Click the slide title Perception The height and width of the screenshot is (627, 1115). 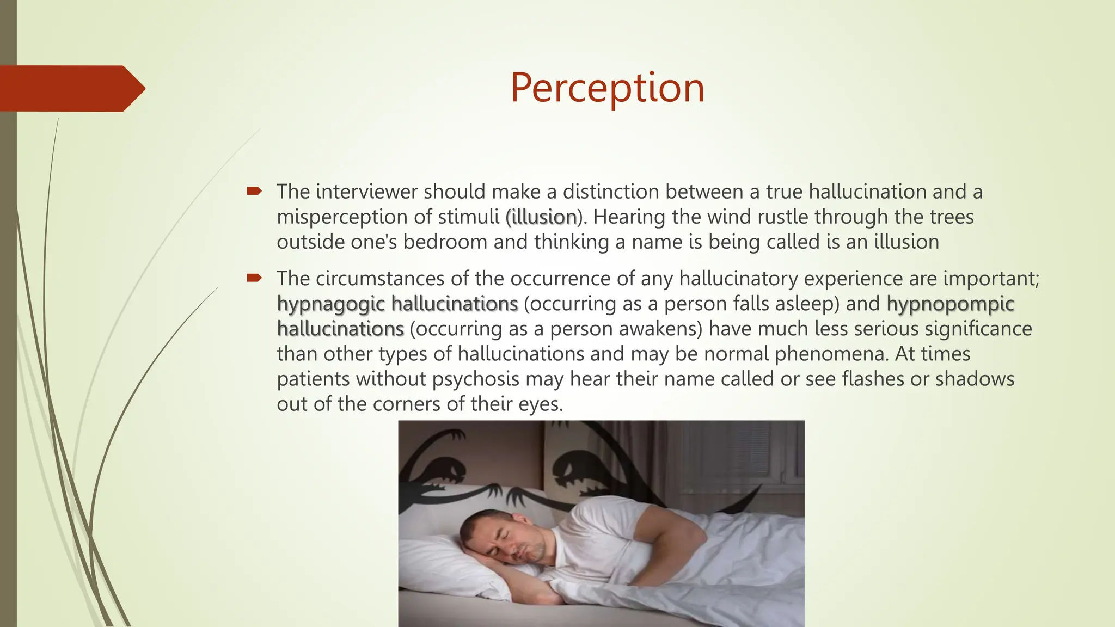coord(607,88)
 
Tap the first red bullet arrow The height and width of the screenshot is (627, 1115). coord(254,191)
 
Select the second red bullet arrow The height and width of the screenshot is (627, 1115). coord(254,278)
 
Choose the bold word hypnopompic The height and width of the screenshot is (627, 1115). coord(950,304)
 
